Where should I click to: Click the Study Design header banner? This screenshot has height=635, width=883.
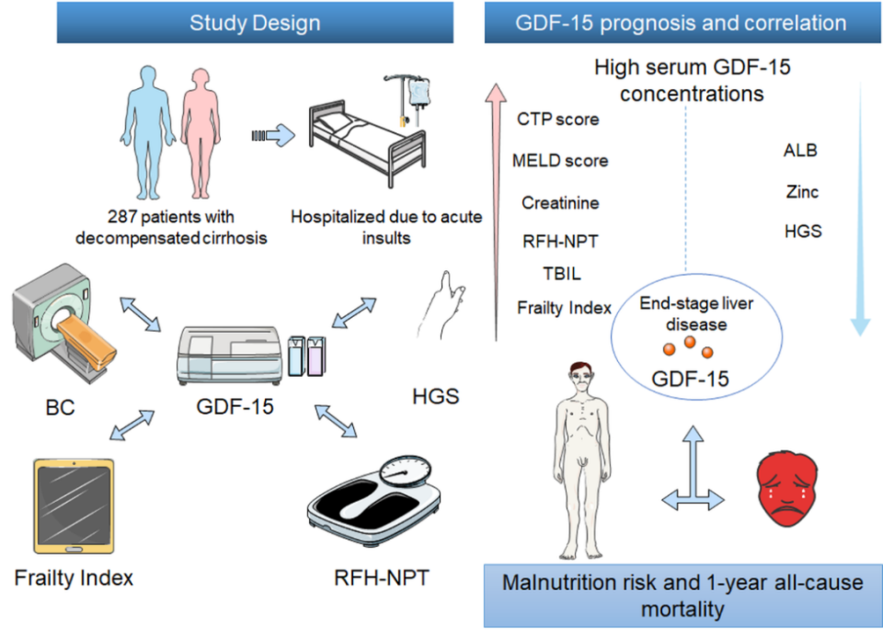tap(255, 22)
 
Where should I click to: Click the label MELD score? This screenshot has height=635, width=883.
tap(560, 161)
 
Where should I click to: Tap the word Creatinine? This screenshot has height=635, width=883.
tap(560, 202)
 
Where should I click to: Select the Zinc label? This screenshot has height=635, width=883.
tap(802, 192)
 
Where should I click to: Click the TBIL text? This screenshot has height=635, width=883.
tap(561, 274)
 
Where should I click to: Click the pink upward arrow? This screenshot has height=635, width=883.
tap(497, 211)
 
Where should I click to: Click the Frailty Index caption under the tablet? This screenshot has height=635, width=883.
tap(74, 578)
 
